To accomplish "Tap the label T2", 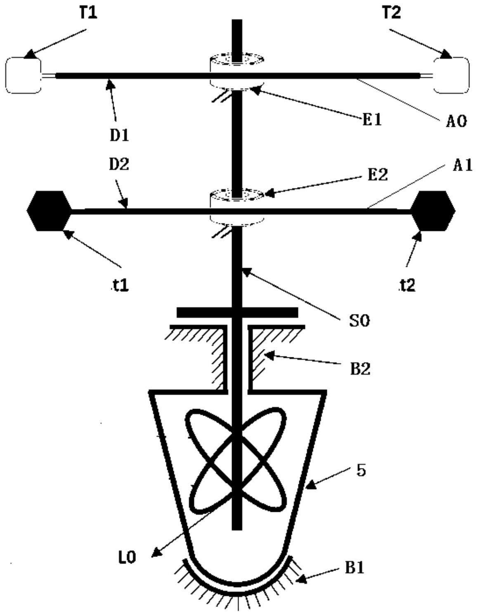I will [x=391, y=13].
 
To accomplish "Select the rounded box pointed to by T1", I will [x=23, y=75].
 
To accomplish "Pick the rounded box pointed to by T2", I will [x=452, y=75].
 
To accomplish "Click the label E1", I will [x=371, y=120].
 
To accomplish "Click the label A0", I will [x=456, y=121].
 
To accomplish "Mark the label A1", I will [x=461, y=166].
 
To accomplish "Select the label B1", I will [x=355, y=568].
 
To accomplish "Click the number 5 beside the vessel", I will [x=361, y=471].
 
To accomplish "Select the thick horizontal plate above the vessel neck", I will [x=237, y=312].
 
